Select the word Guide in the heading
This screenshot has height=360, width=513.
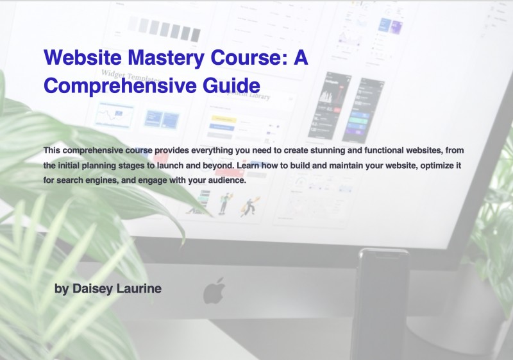[x=229, y=85]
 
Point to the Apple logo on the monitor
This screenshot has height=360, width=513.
[x=214, y=291]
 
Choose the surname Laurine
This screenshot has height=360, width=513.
[x=139, y=289]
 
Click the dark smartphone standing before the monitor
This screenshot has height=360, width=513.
[x=383, y=302]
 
